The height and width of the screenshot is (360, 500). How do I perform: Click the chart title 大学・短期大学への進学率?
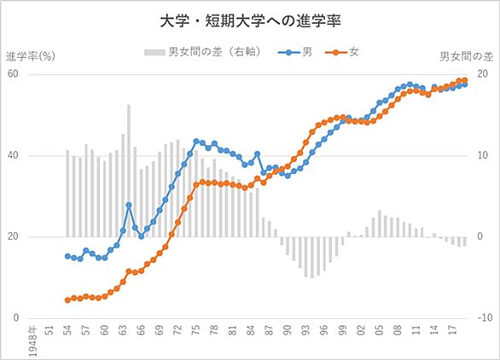point(250,21)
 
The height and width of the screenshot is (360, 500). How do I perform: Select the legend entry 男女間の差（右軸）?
point(203,52)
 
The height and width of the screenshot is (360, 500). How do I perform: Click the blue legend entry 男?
point(295,52)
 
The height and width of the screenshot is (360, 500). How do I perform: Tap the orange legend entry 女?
point(342,52)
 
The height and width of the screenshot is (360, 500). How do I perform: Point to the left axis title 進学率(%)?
point(31,56)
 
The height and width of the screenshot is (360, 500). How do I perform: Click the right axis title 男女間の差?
point(467,56)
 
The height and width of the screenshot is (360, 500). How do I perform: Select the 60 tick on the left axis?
point(13,74)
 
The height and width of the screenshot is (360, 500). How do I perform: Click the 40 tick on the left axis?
point(13,155)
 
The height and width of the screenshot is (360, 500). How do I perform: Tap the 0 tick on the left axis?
point(16,318)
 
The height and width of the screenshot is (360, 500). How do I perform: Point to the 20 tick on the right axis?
point(483,74)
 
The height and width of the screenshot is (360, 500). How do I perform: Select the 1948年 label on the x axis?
point(32,341)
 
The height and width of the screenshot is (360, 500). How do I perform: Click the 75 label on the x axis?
point(196,330)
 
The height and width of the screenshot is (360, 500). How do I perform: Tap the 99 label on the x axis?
point(343,330)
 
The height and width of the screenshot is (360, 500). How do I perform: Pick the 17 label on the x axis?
point(452,330)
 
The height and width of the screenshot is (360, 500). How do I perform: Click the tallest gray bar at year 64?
point(129,171)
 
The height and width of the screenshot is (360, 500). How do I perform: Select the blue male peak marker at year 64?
point(129,205)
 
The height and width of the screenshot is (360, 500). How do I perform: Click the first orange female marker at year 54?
point(67,300)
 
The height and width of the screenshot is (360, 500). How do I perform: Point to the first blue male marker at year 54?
point(67,256)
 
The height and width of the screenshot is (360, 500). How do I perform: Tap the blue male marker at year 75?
point(196,142)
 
